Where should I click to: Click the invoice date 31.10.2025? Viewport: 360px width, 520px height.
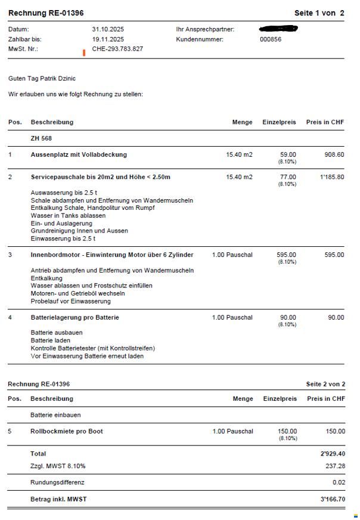[x=108, y=29]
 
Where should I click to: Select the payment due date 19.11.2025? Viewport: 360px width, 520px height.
[x=108, y=39]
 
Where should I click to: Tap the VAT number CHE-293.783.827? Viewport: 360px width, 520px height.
[x=117, y=49]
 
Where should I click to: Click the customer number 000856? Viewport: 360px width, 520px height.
[x=271, y=39]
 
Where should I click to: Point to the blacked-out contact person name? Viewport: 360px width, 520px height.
[x=278, y=29]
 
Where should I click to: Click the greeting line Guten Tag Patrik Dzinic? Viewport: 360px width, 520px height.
[x=42, y=79]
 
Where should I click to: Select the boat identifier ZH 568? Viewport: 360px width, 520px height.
[x=41, y=138]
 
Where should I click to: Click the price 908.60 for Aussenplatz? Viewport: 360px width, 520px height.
[x=334, y=154]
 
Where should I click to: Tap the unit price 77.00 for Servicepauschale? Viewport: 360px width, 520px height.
[x=288, y=177]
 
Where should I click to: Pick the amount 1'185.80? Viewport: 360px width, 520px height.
[x=332, y=177]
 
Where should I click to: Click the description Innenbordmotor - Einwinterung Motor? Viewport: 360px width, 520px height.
[x=111, y=255]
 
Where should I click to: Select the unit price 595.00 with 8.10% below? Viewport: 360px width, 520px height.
[x=286, y=255]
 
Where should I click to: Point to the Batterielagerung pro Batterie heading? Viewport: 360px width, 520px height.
[x=75, y=317]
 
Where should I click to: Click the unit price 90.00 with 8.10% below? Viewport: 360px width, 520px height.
[x=288, y=318]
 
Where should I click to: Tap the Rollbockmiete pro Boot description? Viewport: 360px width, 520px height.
[x=66, y=431]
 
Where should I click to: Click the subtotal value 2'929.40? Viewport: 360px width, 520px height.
[x=333, y=454]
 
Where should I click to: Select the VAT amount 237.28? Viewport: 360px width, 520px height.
[x=335, y=466]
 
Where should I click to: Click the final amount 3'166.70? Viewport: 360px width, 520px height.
[x=333, y=499]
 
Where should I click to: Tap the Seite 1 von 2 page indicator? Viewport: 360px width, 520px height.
[x=319, y=13]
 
